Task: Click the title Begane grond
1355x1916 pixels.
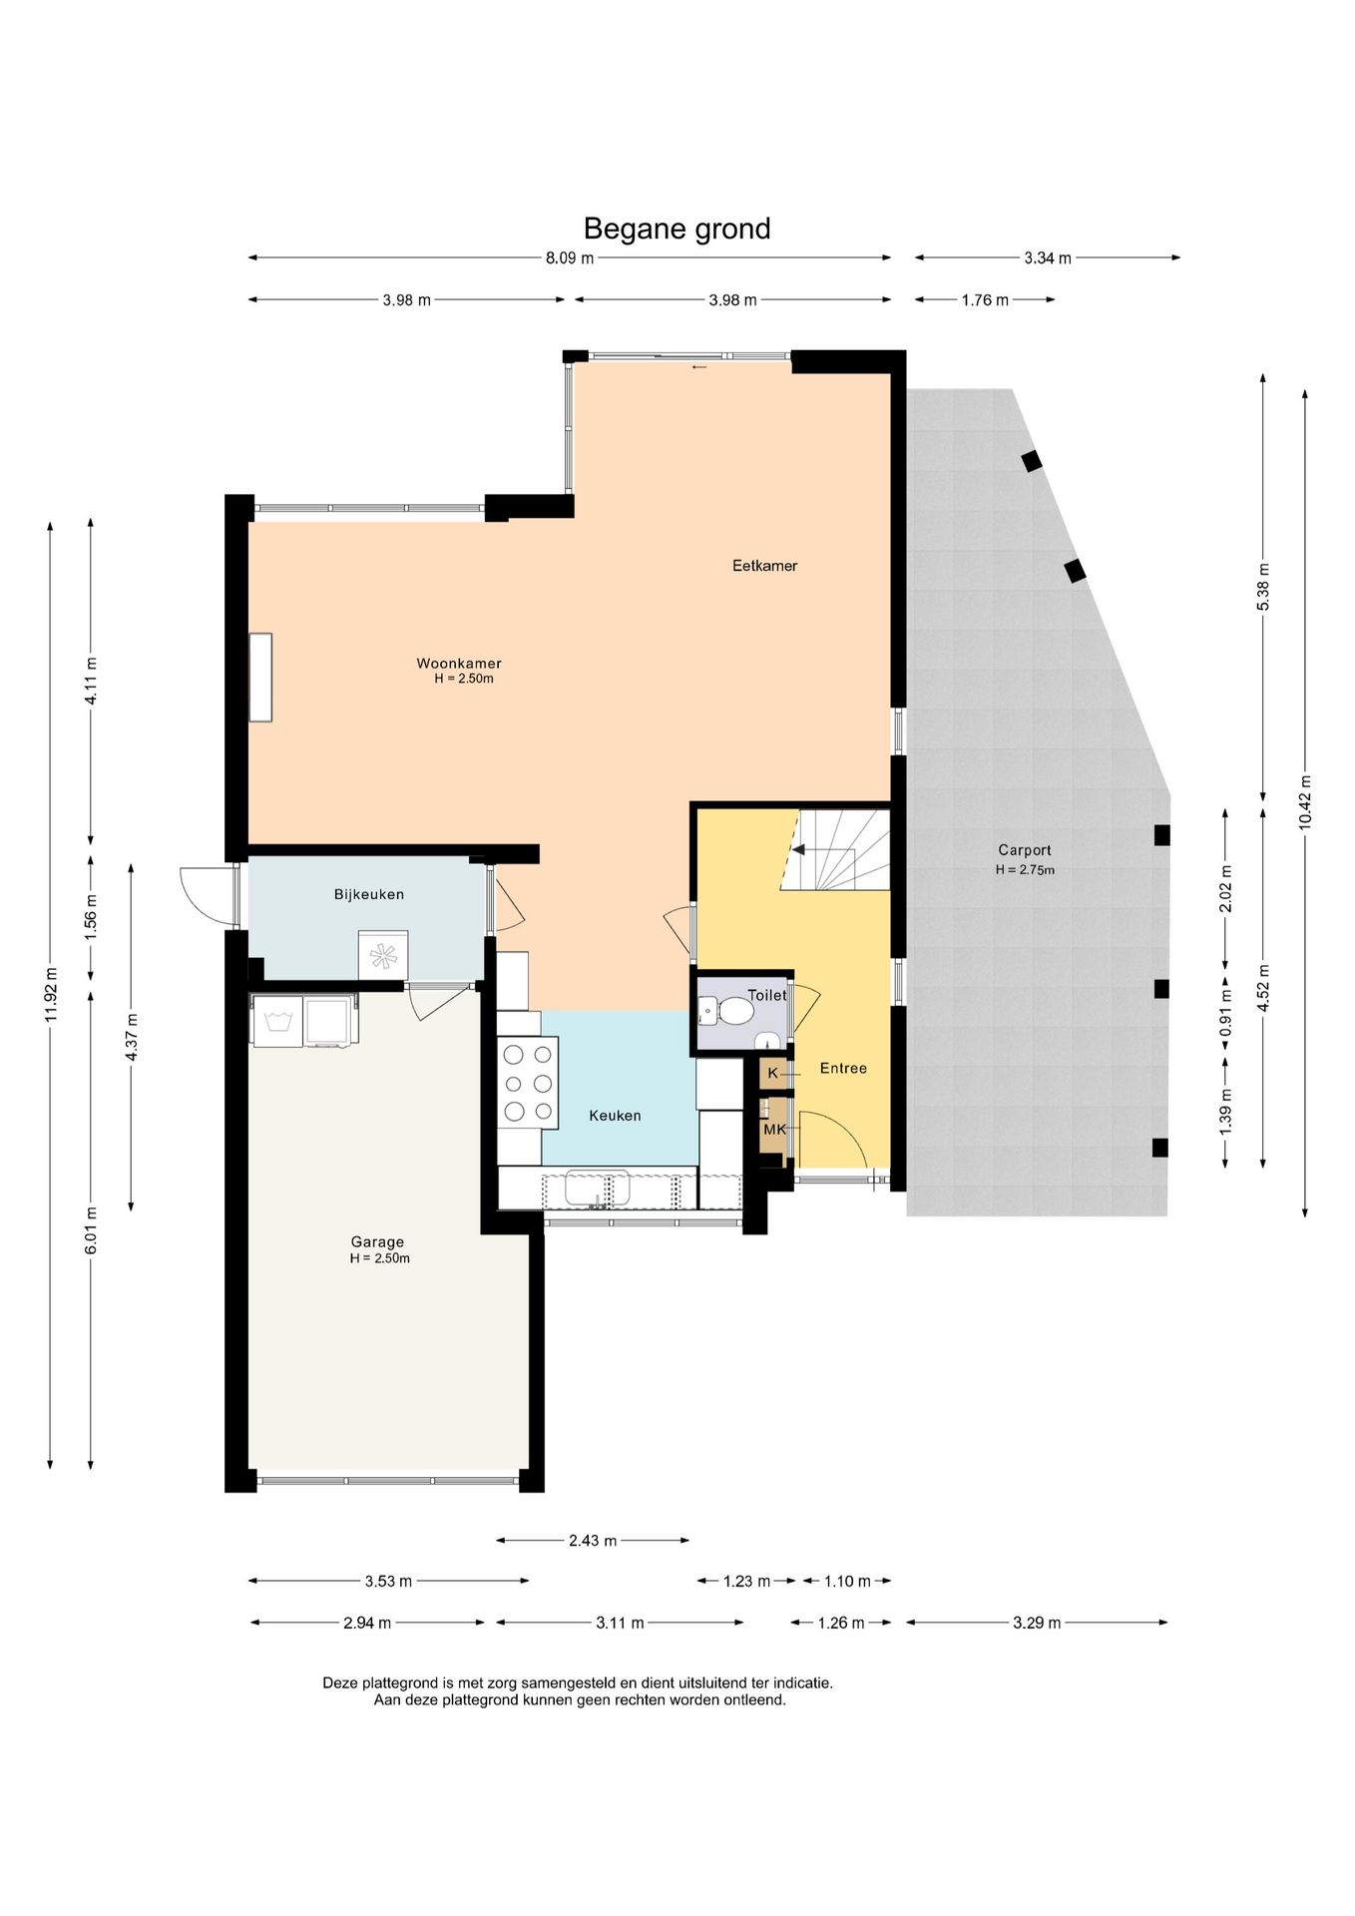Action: click(x=677, y=230)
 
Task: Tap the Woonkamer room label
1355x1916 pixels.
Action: click(x=459, y=664)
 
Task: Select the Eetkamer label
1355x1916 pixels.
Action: click(x=765, y=566)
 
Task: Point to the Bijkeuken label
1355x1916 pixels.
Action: click(x=369, y=895)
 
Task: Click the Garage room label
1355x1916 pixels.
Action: click(x=377, y=1242)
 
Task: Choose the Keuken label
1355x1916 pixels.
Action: click(x=615, y=1116)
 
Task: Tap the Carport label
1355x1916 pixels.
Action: click(x=1025, y=850)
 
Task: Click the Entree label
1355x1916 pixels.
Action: click(x=843, y=1068)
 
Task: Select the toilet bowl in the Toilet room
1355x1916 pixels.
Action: click(x=733, y=1012)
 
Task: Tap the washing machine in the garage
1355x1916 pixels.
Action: click(x=278, y=1021)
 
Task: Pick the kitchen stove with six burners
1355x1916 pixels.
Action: click(x=528, y=1083)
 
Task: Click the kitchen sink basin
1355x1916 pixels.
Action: click(x=597, y=1189)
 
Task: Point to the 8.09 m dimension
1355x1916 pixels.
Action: click(x=570, y=257)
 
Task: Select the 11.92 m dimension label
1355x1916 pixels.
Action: click(x=50, y=994)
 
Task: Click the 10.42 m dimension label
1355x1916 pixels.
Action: click(x=1305, y=802)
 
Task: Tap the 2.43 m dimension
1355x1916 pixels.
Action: click(x=593, y=1540)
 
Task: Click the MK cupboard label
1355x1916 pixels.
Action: click(x=774, y=1130)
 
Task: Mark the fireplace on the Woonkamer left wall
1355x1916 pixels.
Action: click(x=260, y=677)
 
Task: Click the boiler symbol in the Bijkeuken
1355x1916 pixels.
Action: click(x=383, y=955)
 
